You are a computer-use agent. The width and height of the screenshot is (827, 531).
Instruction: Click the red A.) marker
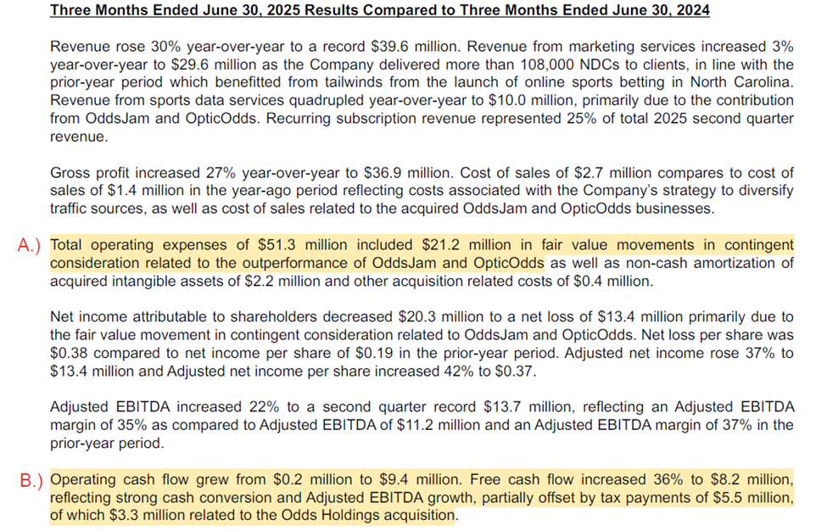(31, 246)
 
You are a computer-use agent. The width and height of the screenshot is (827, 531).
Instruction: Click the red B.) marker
(31, 480)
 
